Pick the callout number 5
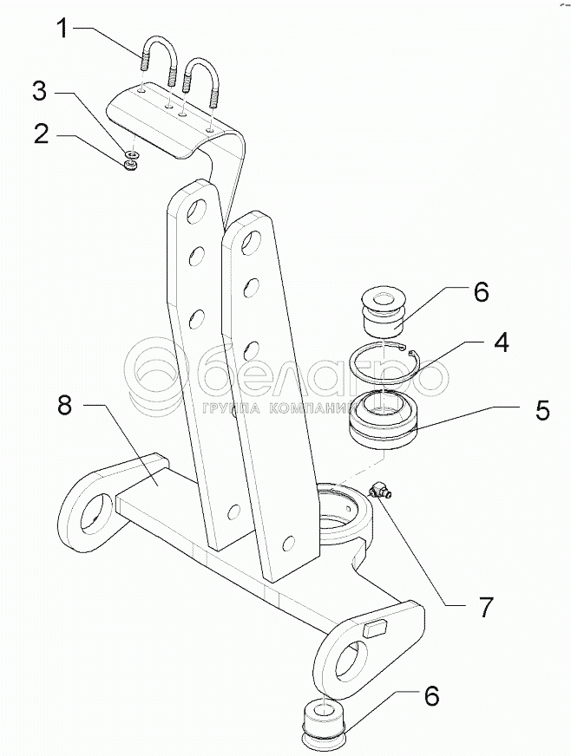click(x=541, y=410)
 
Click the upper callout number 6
click(x=481, y=291)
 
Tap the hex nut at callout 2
click(x=130, y=164)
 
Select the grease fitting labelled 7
click(x=380, y=492)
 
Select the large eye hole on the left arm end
click(x=93, y=520)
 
